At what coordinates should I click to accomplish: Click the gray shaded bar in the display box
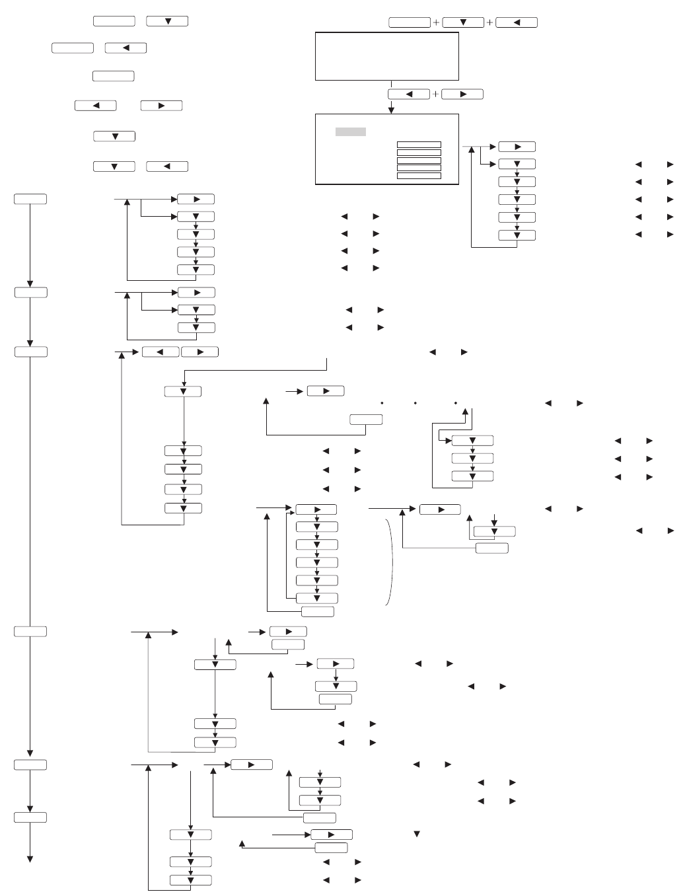pyautogui.click(x=350, y=132)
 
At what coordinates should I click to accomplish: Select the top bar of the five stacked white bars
pyautogui.click(x=419, y=145)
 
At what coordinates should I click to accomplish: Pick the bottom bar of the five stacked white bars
pyautogui.click(x=419, y=176)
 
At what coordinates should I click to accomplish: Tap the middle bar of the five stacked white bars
pyautogui.click(x=419, y=160)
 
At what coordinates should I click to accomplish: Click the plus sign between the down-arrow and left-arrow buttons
pyautogui.click(x=489, y=22)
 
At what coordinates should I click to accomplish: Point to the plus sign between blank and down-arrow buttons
pyautogui.click(x=436, y=22)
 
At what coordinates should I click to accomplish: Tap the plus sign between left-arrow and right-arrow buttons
pyautogui.click(x=435, y=94)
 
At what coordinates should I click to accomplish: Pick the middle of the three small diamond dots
pyautogui.click(x=415, y=402)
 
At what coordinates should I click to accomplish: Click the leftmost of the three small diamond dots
pyautogui.click(x=382, y=402)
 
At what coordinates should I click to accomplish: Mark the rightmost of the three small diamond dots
pyautogui.click(x=456, y=402)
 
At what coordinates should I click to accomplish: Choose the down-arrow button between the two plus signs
pyautogui.click(x=463, y=22)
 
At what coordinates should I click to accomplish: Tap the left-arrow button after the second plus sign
pyautogui.click(x=517, y=22)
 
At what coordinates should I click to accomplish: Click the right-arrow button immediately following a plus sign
pyautogui.click(x=462, y=94)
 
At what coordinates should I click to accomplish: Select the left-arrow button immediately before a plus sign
pyautogui.click(x=409, y=94)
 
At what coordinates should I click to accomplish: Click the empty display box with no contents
pyautogui.click(x=387, y=56)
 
